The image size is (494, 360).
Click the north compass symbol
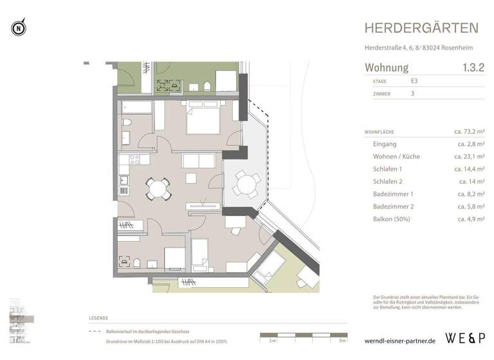click(x=19, y=28)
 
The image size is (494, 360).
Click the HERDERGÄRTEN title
click(x=421, y=28)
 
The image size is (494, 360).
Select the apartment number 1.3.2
click(x=473, y=67)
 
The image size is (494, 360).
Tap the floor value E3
click(x=414, y=82)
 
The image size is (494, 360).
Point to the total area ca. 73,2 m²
click(x=469, y=131)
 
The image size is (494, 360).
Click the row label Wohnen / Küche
click(x=397, y=156)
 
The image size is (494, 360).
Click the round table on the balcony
click(x=245, y=184)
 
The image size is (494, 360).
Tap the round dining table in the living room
click(x=158, y=188)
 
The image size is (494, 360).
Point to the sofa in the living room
click(x=201, y=160)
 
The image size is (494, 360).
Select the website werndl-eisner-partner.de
click(x=399, y=339)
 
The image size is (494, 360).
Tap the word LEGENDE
click(x=98, y=318)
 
